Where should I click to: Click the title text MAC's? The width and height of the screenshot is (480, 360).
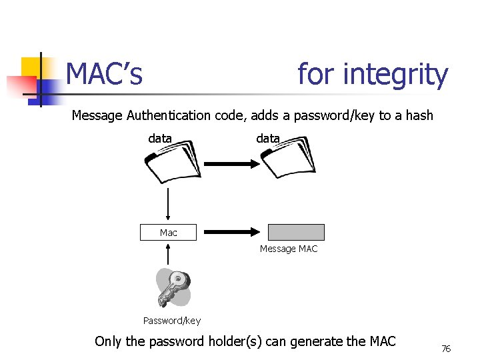[x=105, y=74]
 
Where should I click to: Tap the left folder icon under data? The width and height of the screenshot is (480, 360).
[x=171, y=162]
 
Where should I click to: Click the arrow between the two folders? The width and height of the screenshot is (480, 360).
[x=227, y=163]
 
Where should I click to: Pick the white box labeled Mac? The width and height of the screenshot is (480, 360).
[x=168, y=233]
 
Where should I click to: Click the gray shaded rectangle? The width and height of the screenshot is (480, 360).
[x=296, y=232]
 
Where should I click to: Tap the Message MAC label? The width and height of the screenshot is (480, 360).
[x=289, y=249]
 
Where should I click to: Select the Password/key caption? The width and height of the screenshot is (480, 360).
[x=171, y=321]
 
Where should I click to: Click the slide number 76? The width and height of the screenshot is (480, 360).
[x=446, y=349]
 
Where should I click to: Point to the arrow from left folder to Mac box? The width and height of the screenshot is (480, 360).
[x=168, y=205]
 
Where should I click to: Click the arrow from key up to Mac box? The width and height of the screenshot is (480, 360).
[x=168, y=255]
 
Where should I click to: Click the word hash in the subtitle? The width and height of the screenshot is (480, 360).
[x=419, y=115]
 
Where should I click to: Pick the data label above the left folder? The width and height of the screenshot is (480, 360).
[x=160, y=139]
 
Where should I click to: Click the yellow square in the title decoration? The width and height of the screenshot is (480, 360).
[x=31, y=67]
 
